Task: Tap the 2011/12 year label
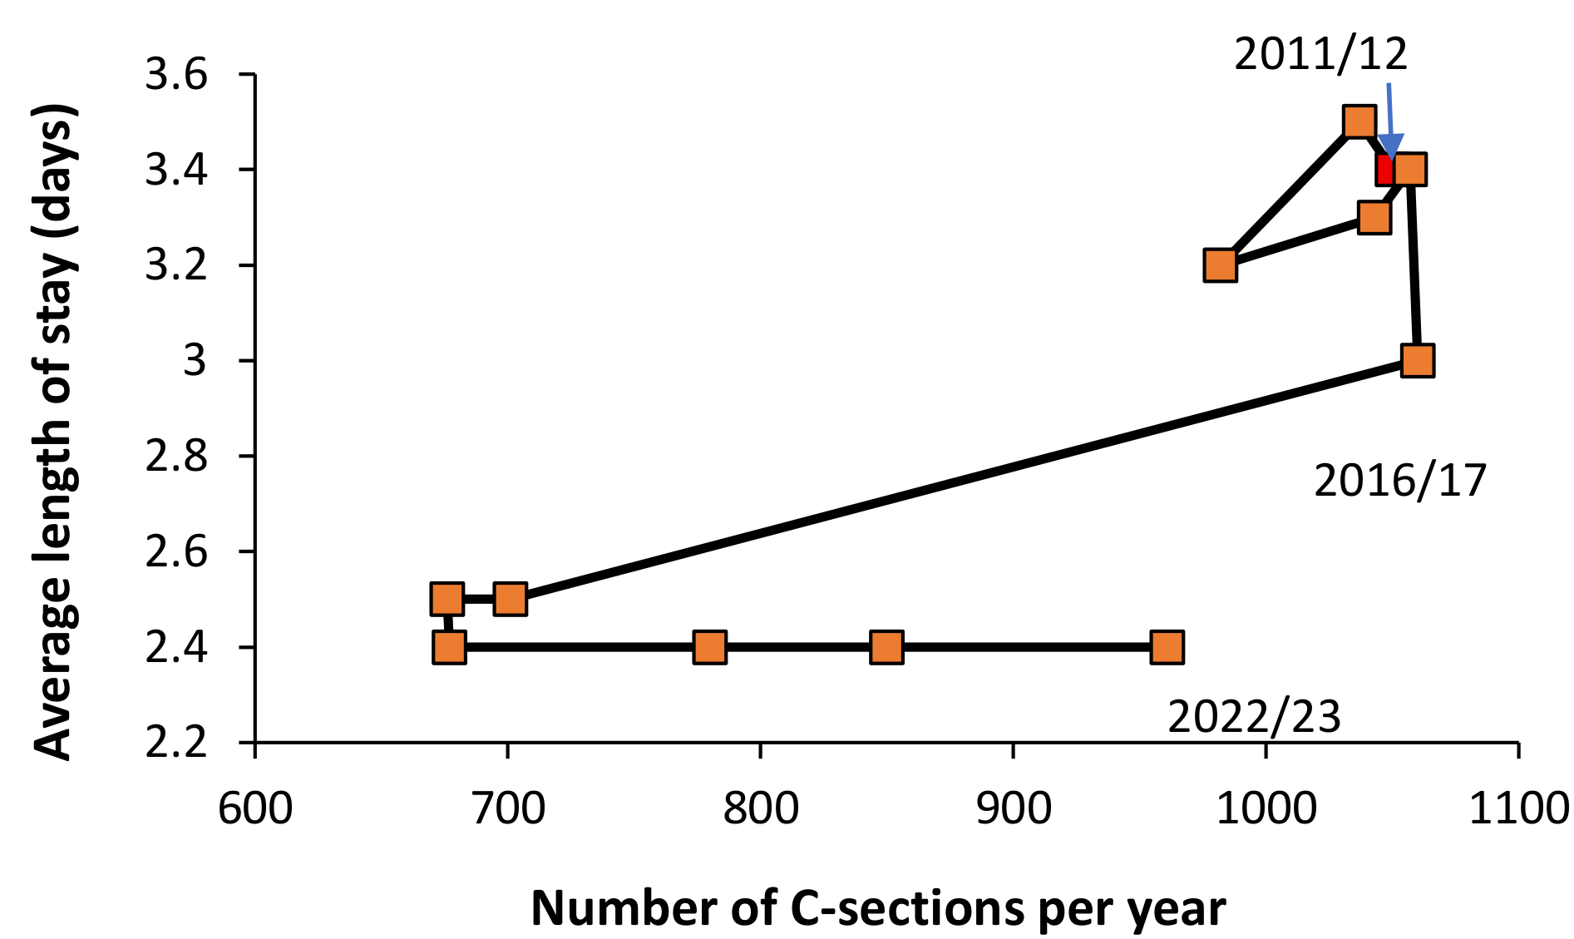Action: click(x=1320, y=55)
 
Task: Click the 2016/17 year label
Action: click(x=1399, y=481)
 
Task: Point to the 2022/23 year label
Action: click(x=1254, y=717)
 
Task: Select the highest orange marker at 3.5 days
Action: click(x=1359, y=122)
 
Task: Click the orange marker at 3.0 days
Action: click(x=1417, y=360)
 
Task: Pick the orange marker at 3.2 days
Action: click(x=1220, y=265)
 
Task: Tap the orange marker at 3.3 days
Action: click(x=1374, y=218)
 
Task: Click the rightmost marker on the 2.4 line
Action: click(x=1167, y=646)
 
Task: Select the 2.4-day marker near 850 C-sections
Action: click(x=886, y=646)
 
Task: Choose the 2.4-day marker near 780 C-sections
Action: click(x=709, y=646)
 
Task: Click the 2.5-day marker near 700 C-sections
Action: click(x=510, y=599)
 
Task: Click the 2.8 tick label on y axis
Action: click(x=175, y=456)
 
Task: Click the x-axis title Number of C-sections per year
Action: click(x=877, y=907)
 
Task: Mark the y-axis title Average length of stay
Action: click(x=57, y=432)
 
